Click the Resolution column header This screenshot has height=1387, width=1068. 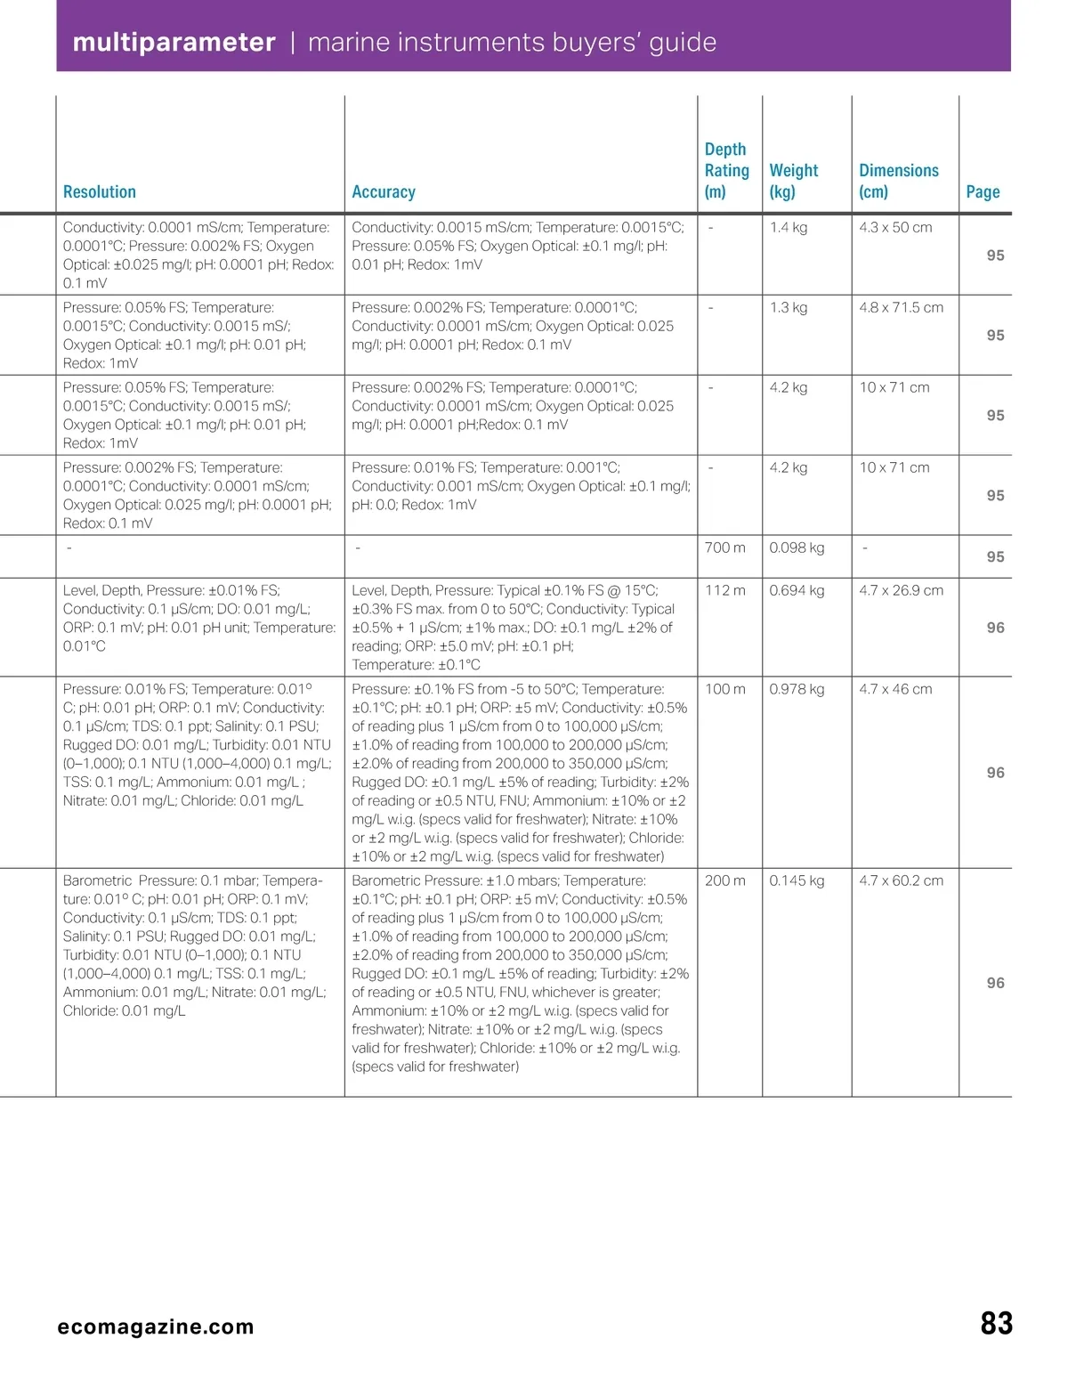(100, 191)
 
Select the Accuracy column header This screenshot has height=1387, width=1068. (384, 191)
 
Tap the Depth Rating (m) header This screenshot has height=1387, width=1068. (726, 171)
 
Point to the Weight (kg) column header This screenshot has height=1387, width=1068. (793, 181)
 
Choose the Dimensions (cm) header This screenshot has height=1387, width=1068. (898, 181)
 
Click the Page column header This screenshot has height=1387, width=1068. (983, 191)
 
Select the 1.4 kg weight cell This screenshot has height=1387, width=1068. (789, 228)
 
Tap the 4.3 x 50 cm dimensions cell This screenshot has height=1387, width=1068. (895, 228)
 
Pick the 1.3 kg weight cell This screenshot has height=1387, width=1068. (789, 308)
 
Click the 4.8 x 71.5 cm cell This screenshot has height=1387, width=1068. (901, 308)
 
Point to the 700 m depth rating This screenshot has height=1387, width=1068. (724, 548)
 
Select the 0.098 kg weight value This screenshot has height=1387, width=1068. (797, 548)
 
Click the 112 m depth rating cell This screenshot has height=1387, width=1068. (724, 591)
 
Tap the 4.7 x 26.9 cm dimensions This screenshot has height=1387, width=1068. (901, 591)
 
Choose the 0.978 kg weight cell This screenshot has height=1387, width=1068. (797, 690)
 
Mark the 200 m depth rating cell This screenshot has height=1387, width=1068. (724, 881)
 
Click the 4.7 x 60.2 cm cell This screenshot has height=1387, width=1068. (901, 881)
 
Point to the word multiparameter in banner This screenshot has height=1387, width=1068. (174, 43)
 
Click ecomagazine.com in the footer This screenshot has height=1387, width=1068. (156, 1326)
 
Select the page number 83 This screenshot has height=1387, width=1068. (996, 1324)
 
